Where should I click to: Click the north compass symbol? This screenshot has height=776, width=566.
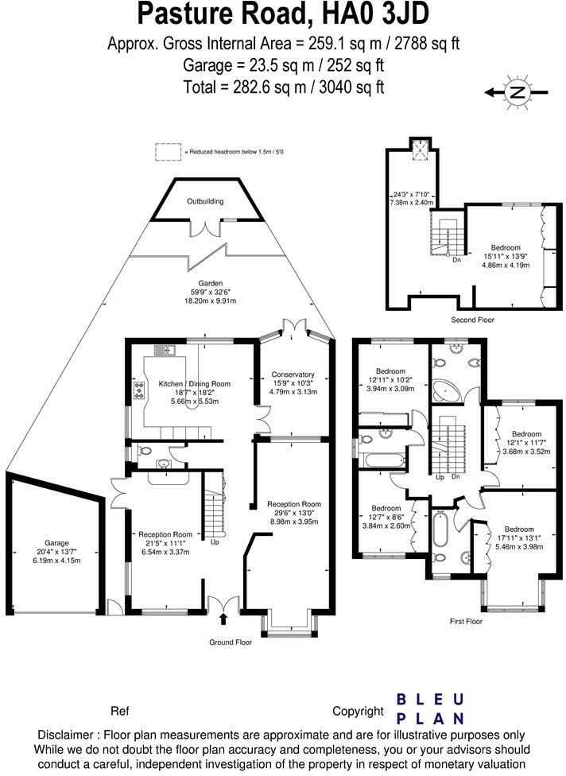click(517, 92)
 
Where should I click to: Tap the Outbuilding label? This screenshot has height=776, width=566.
click(205, 201)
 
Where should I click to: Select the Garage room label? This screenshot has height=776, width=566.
click(56, 543)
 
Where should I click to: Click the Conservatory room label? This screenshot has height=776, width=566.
click(293, 374)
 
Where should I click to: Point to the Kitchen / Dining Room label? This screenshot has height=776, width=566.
click(195, 383)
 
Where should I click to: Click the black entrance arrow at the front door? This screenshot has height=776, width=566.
click(223, 619)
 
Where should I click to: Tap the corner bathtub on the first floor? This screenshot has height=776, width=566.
click(447, 391)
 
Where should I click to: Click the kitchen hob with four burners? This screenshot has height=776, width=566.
click(140, 391)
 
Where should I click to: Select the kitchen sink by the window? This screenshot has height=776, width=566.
click(165, 351)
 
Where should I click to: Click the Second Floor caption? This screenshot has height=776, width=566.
click(472, 320)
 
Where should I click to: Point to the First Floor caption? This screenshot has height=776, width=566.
click(466, 621)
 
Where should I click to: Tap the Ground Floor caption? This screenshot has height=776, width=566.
click(231, 642)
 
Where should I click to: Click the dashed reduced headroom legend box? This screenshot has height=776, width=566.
click(169, 152)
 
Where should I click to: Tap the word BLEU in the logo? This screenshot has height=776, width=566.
click(430, 700)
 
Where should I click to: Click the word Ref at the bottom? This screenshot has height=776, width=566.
click(120, 711)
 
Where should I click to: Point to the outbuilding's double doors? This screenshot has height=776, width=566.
click(205, 228)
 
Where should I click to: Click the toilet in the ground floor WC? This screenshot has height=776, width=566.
click(143, 451)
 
